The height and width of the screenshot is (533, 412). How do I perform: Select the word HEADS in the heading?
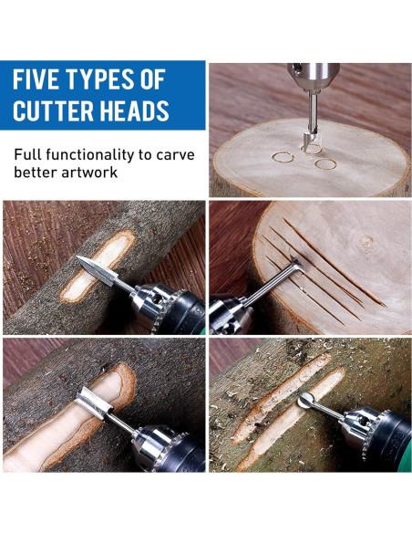pos(137,111)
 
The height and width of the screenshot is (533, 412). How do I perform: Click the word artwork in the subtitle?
pos(88,172)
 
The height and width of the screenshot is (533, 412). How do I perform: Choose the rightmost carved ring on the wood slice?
pos(325,165)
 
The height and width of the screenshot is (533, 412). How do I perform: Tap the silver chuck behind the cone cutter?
pos(150,305)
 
